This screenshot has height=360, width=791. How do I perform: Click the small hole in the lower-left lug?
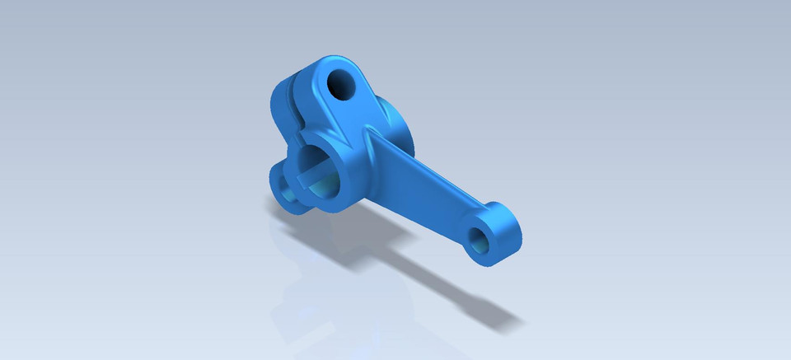(x=287, y=185)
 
